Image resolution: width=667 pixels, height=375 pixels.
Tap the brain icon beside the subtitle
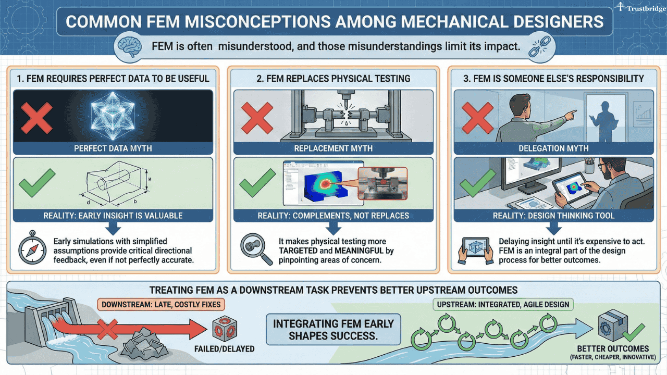point(128,46)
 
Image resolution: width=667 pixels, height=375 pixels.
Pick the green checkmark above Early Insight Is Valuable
point(36,183)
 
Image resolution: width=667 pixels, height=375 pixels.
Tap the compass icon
point(32,251)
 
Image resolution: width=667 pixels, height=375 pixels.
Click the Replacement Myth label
point(333,148)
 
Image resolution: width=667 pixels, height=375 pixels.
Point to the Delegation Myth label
point(553,148)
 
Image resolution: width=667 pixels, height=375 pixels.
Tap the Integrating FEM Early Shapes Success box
point(333,329)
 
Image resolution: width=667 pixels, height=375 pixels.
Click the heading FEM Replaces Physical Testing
point(333,79)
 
